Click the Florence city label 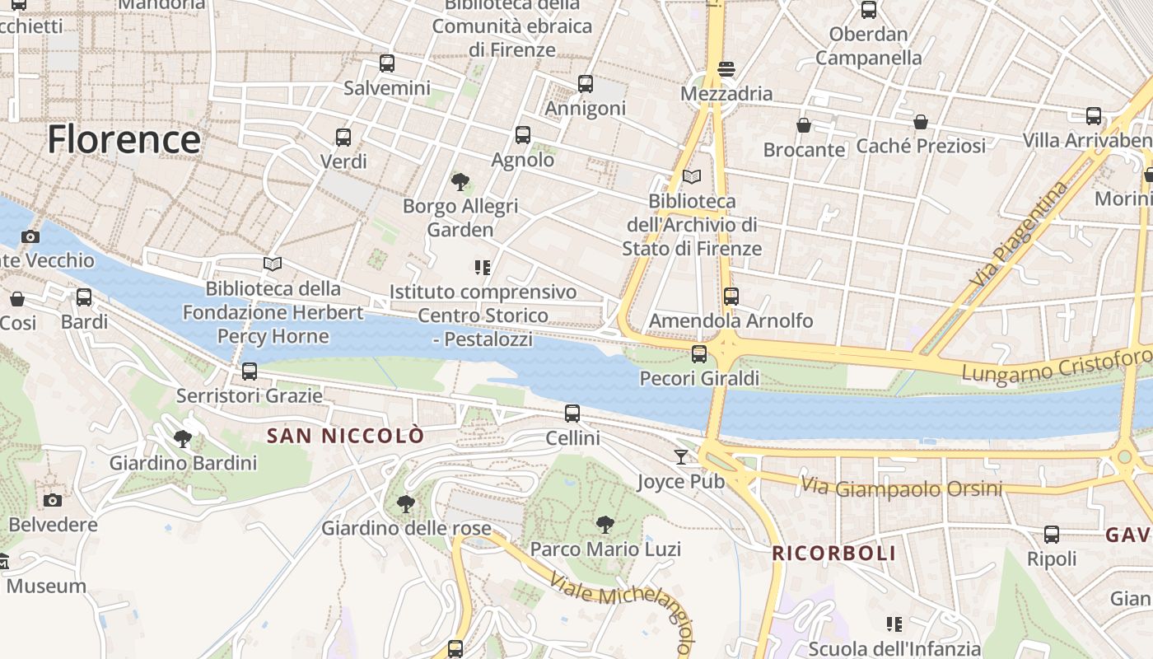pos(124,139)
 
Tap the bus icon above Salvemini pos(386,63)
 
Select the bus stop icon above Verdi pos(343,138)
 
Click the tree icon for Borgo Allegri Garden pos(460,182)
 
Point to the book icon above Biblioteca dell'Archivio pos(692,177)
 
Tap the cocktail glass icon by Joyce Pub pos(681,457)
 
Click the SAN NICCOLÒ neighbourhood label pos(346,436)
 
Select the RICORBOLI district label pos(833,553)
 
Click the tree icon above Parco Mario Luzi pos(605,525)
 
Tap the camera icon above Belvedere pos(53,500)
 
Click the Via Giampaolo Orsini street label pos(902,488)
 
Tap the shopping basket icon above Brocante pos(804,125)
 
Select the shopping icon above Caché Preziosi pos(921,122)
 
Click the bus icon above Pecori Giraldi pos(699,354)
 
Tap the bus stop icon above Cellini pos(572,414)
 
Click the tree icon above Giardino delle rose pos(405,503)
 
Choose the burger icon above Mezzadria pos(726,69)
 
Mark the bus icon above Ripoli pos(1052,535)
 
